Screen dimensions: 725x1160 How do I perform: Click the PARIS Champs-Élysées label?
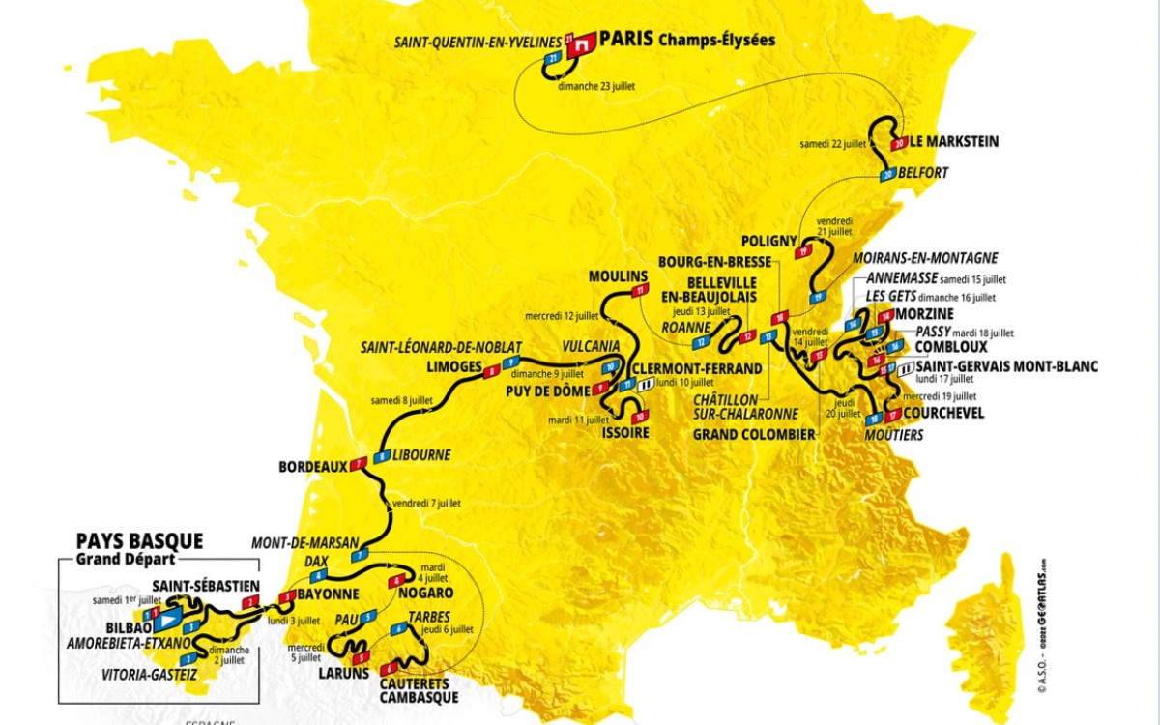[687, 41]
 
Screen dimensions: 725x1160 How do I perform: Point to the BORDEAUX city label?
[312, 466]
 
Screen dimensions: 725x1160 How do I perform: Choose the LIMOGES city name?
[453, 366]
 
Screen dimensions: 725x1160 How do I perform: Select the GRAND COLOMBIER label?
[754, 434]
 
